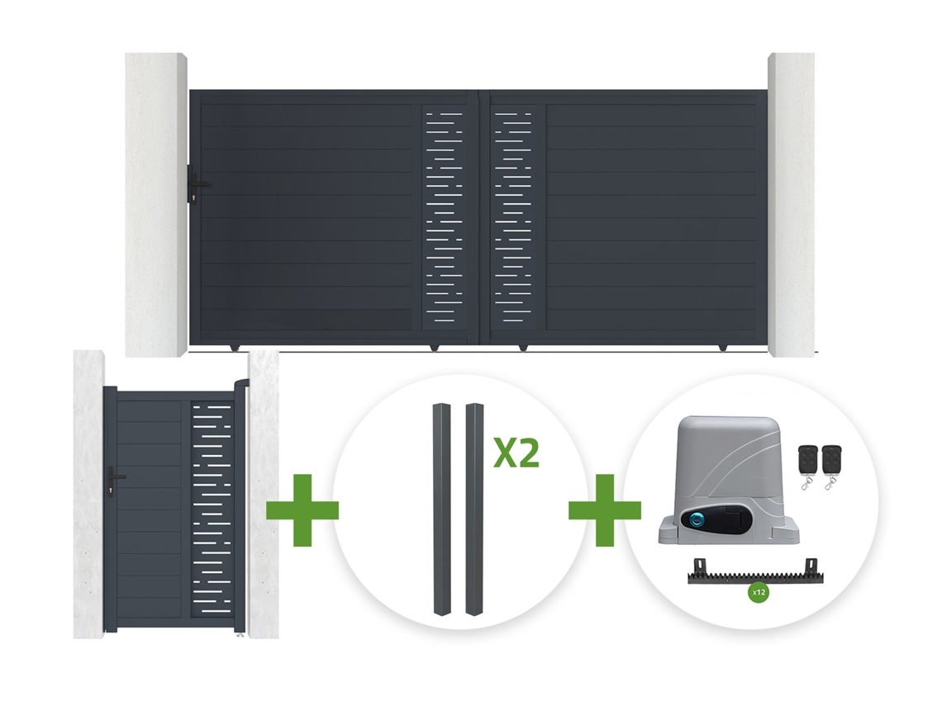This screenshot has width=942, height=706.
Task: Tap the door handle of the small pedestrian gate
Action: coord(114,482)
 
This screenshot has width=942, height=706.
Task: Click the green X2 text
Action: coord(516,453)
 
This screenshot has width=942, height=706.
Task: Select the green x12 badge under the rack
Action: coord(759,593)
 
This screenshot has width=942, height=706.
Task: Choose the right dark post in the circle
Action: coord(474,509)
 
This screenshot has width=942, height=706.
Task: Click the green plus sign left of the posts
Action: coord(302,510)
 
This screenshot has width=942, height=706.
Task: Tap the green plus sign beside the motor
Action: coord(605,510)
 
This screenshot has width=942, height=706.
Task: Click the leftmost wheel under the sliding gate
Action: coord(234,348)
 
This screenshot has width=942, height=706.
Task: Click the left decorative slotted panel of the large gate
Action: coord(444,217)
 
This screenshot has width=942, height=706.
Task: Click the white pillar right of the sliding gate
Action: coord(791,205)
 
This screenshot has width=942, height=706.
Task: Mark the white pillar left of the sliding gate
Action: coord(155,205)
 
